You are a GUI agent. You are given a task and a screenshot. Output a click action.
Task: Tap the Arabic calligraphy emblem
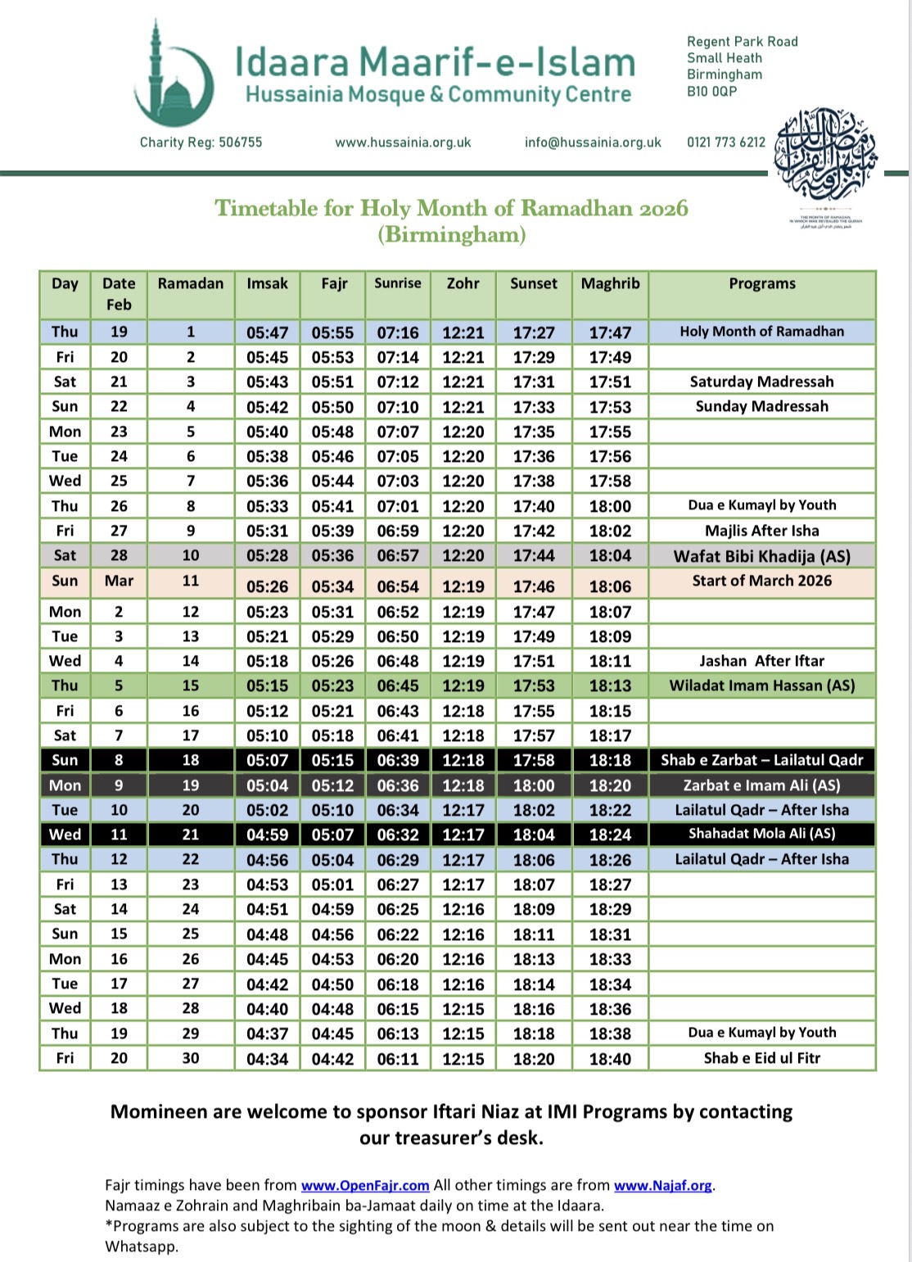(825, 156)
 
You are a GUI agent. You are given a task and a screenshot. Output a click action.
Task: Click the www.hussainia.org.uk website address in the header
(403, 142)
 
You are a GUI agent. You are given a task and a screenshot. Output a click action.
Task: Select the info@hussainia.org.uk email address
(593, 142)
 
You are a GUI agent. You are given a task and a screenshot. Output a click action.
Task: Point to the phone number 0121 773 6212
(726, 142)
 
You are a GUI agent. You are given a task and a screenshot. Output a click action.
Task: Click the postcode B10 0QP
(711, 92)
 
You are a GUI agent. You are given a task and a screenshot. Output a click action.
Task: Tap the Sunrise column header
(398, 283)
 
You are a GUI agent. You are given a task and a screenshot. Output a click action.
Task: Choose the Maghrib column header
(610, 283)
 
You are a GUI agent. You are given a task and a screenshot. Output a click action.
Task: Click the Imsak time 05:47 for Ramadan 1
(267, 332)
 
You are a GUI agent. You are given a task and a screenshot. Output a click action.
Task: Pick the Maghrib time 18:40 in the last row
(610, 1059)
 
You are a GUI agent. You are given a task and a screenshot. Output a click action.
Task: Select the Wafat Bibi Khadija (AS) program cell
(761, 556)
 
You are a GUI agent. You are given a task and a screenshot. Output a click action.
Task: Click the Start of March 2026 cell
(761, 581)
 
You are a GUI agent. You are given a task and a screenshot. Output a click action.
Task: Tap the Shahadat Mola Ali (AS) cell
(761, 834)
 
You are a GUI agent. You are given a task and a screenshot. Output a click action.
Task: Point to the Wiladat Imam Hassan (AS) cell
(761, 685)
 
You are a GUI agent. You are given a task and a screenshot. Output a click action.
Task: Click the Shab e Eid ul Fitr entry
(761, 1058)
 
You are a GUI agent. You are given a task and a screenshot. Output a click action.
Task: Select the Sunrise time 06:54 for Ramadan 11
(398, 586)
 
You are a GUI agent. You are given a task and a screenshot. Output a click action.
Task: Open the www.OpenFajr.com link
(365, 1186)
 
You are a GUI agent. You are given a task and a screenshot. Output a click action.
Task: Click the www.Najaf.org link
(662, 1186)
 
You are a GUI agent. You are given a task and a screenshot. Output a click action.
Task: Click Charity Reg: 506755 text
(201, 142)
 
